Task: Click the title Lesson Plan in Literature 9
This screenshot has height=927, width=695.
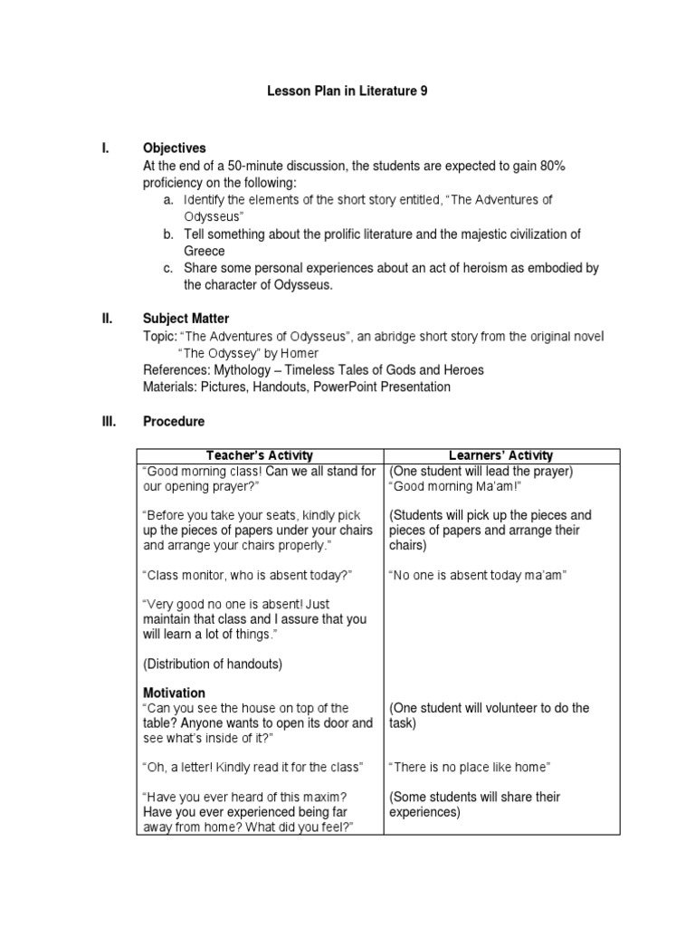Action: (x=347, y=91)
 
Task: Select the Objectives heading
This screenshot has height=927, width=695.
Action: (x=175, y=148)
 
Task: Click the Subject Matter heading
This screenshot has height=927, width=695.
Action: (x=186, y=319)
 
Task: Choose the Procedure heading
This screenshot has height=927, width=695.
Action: (x=174, y=422)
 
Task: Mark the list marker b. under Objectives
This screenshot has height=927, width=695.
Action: (x=168, y=234)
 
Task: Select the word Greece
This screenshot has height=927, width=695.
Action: (x=205, y=251)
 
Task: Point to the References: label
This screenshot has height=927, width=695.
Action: (x=178, y=370)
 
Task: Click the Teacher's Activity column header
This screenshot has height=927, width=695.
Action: (x=260, y=455)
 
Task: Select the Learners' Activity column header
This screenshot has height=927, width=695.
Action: (x=501, y=455)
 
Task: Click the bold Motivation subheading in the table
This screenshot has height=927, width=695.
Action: (x=175, y=693)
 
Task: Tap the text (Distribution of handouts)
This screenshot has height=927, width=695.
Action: (x=213, y=664)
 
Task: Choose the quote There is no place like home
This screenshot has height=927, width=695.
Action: (x=469, y=768)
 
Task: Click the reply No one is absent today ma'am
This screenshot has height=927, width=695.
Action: (x=477, y=576)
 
